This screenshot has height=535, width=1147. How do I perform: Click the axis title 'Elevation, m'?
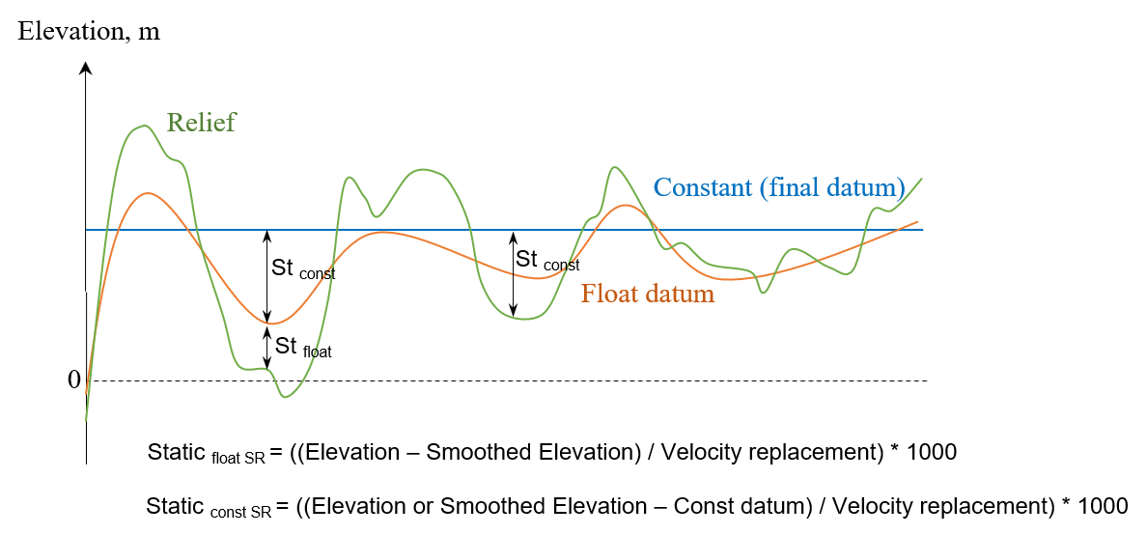click(x=89, y=31)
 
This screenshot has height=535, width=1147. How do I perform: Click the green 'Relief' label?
click(x=201, y=123)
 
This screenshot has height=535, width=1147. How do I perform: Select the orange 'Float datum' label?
click(x=647, y=294)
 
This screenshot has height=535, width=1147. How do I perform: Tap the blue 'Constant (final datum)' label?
click(x=778, y=186)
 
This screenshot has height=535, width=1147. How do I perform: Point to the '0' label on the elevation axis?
click(x=73, y=380)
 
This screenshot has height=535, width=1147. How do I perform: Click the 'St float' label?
click(x=303, y=348)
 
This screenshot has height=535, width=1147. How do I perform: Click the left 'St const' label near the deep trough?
click(x=303, y=269)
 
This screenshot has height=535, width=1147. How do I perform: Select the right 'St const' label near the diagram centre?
click(x=547, y=260)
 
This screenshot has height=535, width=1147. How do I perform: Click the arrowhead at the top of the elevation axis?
click(x=86, y=69)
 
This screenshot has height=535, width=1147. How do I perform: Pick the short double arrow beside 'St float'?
click(x=267, y=347)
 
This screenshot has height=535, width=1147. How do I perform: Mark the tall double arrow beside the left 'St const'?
click(x=267, y=276)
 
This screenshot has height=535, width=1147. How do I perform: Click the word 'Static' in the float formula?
click(x=177, y=451)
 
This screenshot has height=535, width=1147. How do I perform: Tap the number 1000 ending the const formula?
click(x=1105, y=505)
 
